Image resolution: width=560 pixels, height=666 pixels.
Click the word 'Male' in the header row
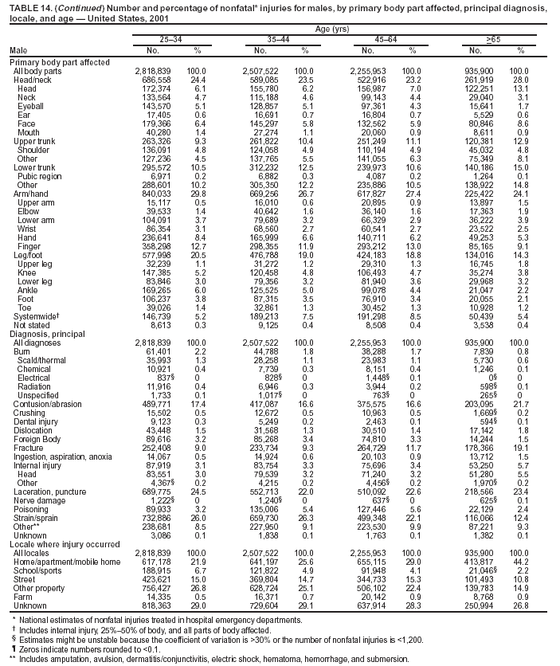pos(18,50)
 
